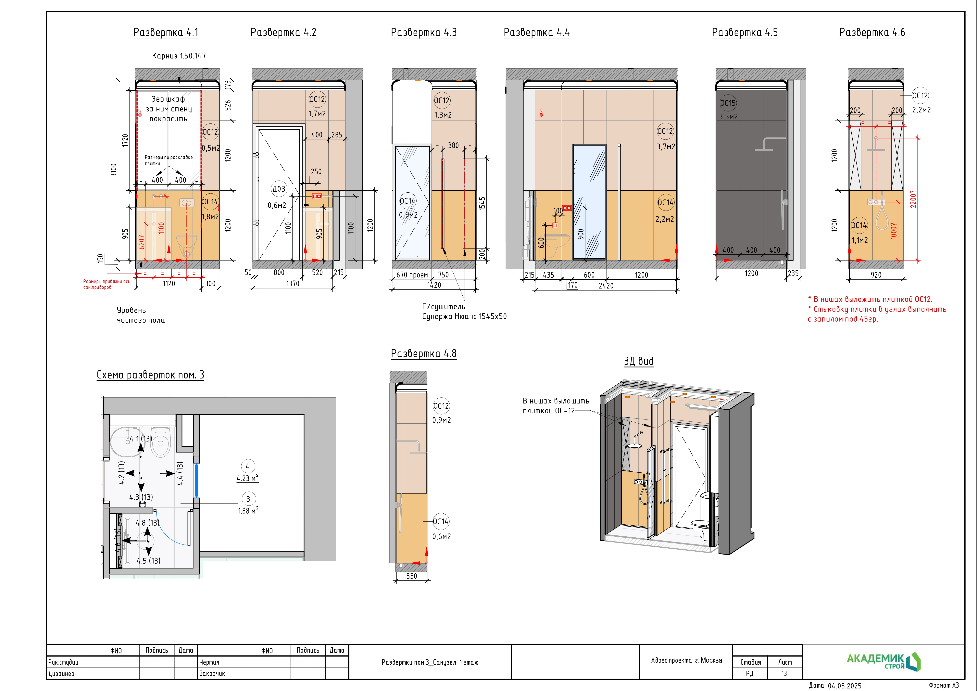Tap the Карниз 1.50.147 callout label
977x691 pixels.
pyautogui.click(x=179, y=56)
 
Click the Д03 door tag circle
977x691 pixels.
pyautogui.click(x=279, y=189)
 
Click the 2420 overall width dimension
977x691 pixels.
pyautogui.click(x=606, y=286)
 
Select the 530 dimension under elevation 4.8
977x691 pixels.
pyautogui.click(x=411, y=576)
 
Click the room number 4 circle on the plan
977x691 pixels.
pyautogui.click(x=248, y=467)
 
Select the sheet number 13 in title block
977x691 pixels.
pyautogui.click(x=784, y=673)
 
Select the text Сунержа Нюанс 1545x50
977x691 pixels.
pyautogui.click(x=464, y=316)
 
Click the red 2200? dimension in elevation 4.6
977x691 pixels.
pyautogui.click(x=913, y=199)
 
